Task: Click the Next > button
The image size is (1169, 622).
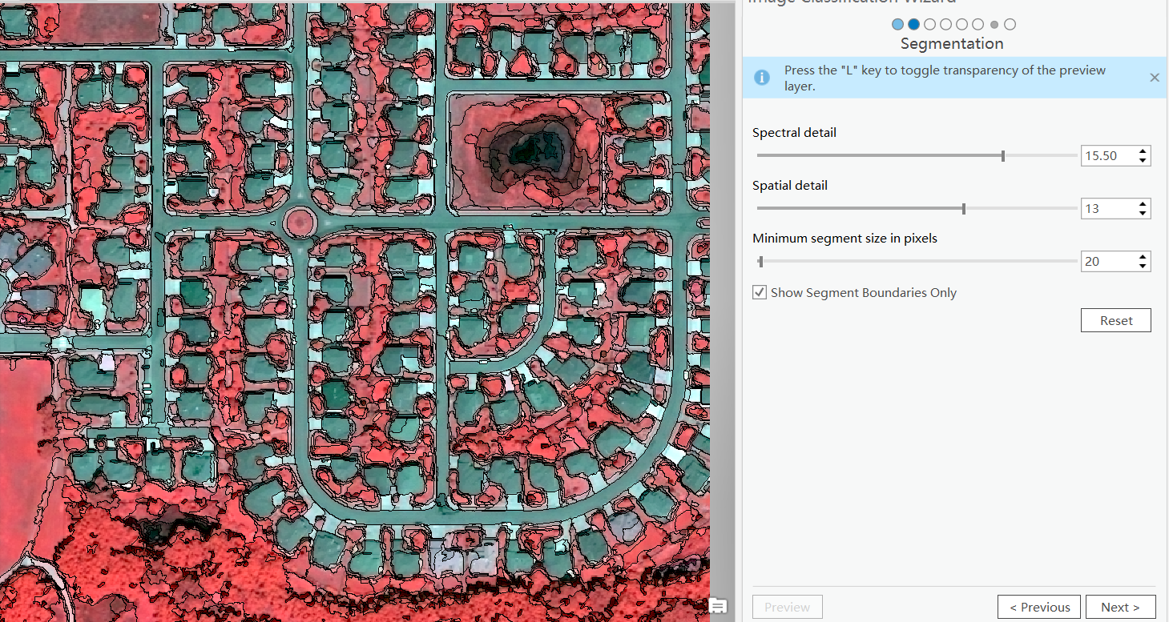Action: [x=1120, y=607]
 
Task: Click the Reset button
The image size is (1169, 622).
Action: [x=1115, y=320]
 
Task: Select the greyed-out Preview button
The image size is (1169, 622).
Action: [x=787, y=607]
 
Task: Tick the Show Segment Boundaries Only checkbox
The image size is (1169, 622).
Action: [x=760, y=292]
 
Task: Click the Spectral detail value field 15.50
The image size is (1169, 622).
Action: [x=1107, y=155]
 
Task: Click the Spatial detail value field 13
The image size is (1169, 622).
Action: [x=1107, y=209]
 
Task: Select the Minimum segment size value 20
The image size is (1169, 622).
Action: [x=1107, y=262]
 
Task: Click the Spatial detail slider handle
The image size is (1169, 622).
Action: [x=963, y=209]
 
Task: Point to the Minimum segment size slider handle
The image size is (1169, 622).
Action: [x=760, y=262]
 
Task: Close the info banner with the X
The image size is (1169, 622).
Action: [x=1154, y=78]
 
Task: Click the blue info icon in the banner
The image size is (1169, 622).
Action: [x=762, y=78]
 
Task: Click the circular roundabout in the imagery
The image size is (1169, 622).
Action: [x=300, y=221]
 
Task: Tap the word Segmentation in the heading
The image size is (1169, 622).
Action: [x=952, y=43]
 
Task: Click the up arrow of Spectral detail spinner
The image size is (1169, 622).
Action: [x=1143, y=150]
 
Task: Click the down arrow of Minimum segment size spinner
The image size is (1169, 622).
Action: [x=1143, y=267]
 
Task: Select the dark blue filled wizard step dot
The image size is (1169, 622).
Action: [x=913, y=24]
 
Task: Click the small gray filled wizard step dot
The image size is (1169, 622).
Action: [x=994, y=24]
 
